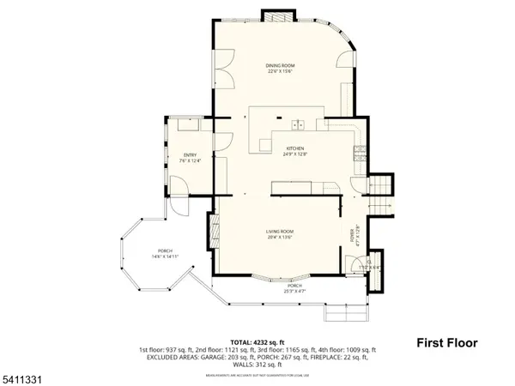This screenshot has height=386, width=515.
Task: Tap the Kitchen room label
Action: [x=295, y=148]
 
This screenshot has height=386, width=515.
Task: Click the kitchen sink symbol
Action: [x=300, y=125]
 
